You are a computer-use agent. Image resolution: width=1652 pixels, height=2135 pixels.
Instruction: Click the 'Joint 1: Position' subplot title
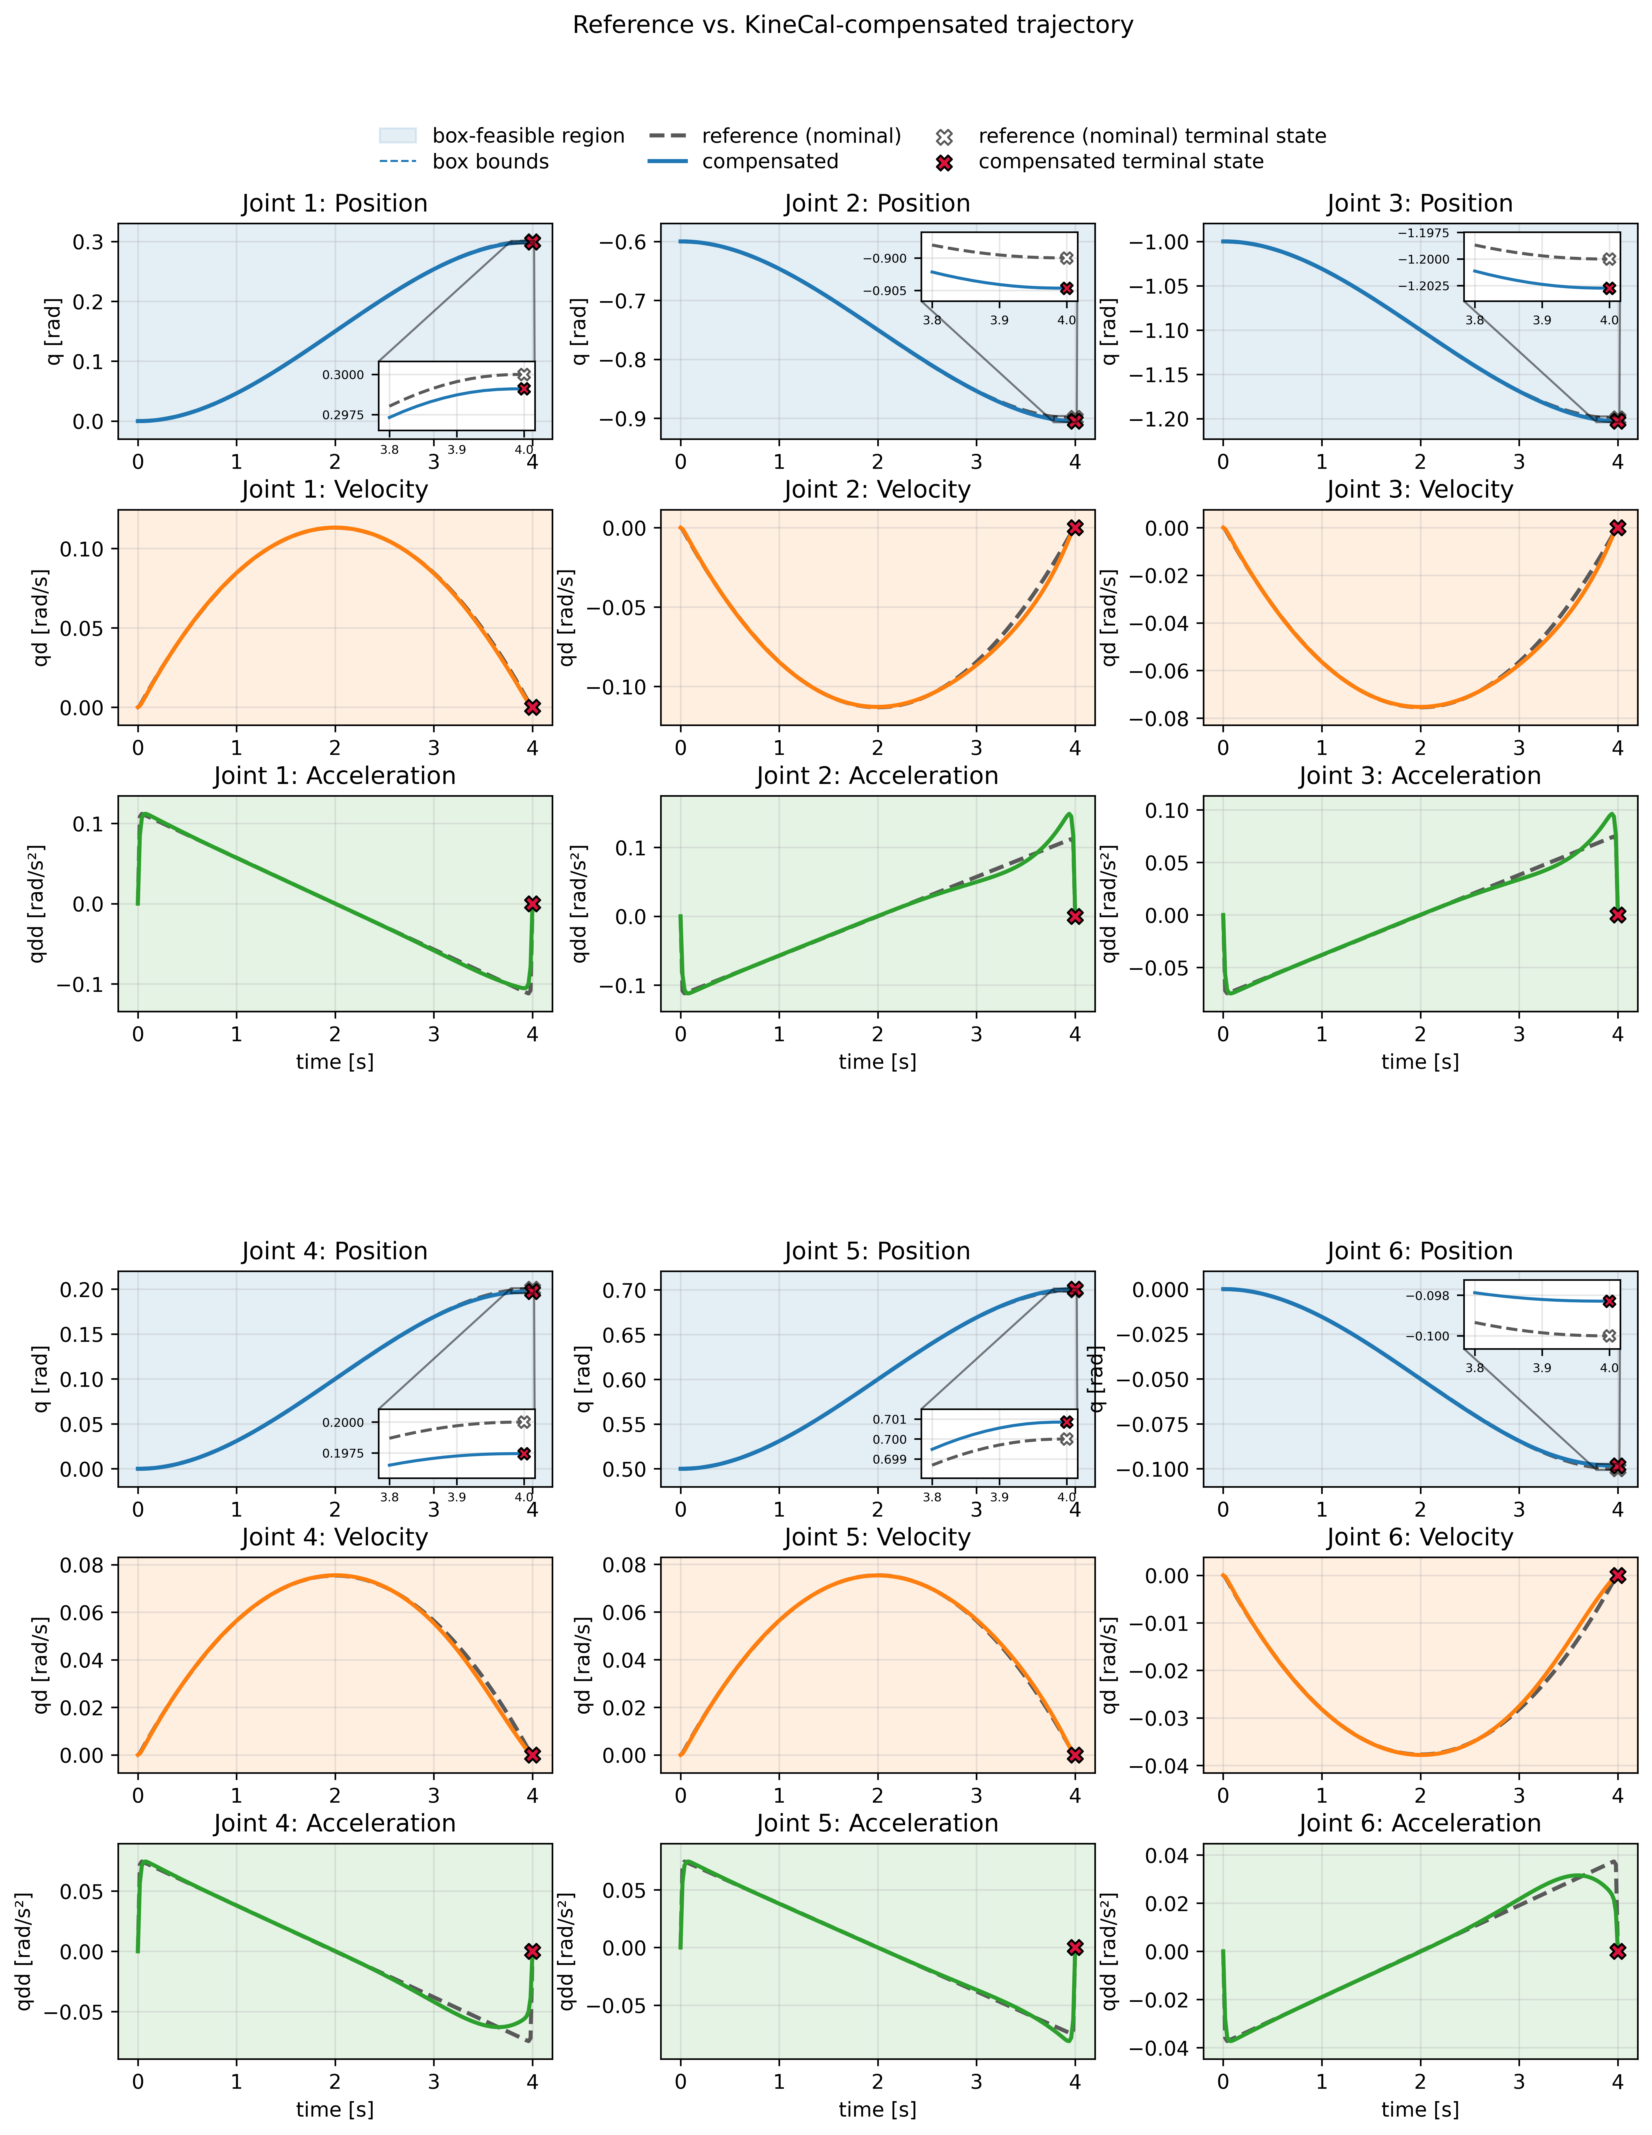point(334,203)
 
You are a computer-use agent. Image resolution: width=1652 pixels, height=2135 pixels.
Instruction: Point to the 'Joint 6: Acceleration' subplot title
point(1419,1823)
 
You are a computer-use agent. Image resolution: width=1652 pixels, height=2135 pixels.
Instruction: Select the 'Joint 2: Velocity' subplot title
point(877,490)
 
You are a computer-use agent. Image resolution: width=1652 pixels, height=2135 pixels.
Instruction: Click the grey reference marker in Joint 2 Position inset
point(1066,258)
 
